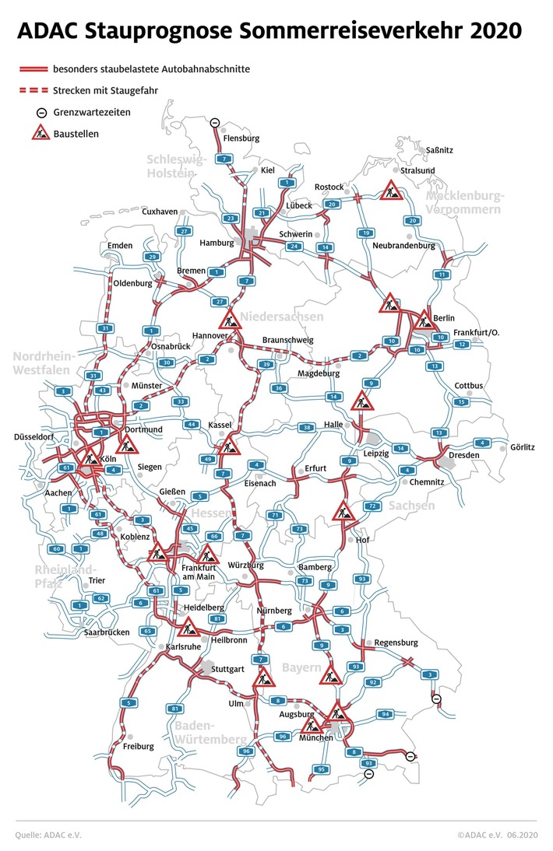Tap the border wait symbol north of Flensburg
point(215,121)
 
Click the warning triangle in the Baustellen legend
point(41,133)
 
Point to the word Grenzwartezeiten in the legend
point(92,112)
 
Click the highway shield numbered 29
point(152,257)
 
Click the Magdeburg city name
point(319,373)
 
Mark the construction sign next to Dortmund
point(127,445)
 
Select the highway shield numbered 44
point(192,424)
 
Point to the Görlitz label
point(523,447)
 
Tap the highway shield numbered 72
point(373,506)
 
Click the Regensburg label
point(396,643)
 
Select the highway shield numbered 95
point(321,769)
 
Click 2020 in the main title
point(491,31)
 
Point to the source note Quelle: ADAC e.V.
point(48,835)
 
